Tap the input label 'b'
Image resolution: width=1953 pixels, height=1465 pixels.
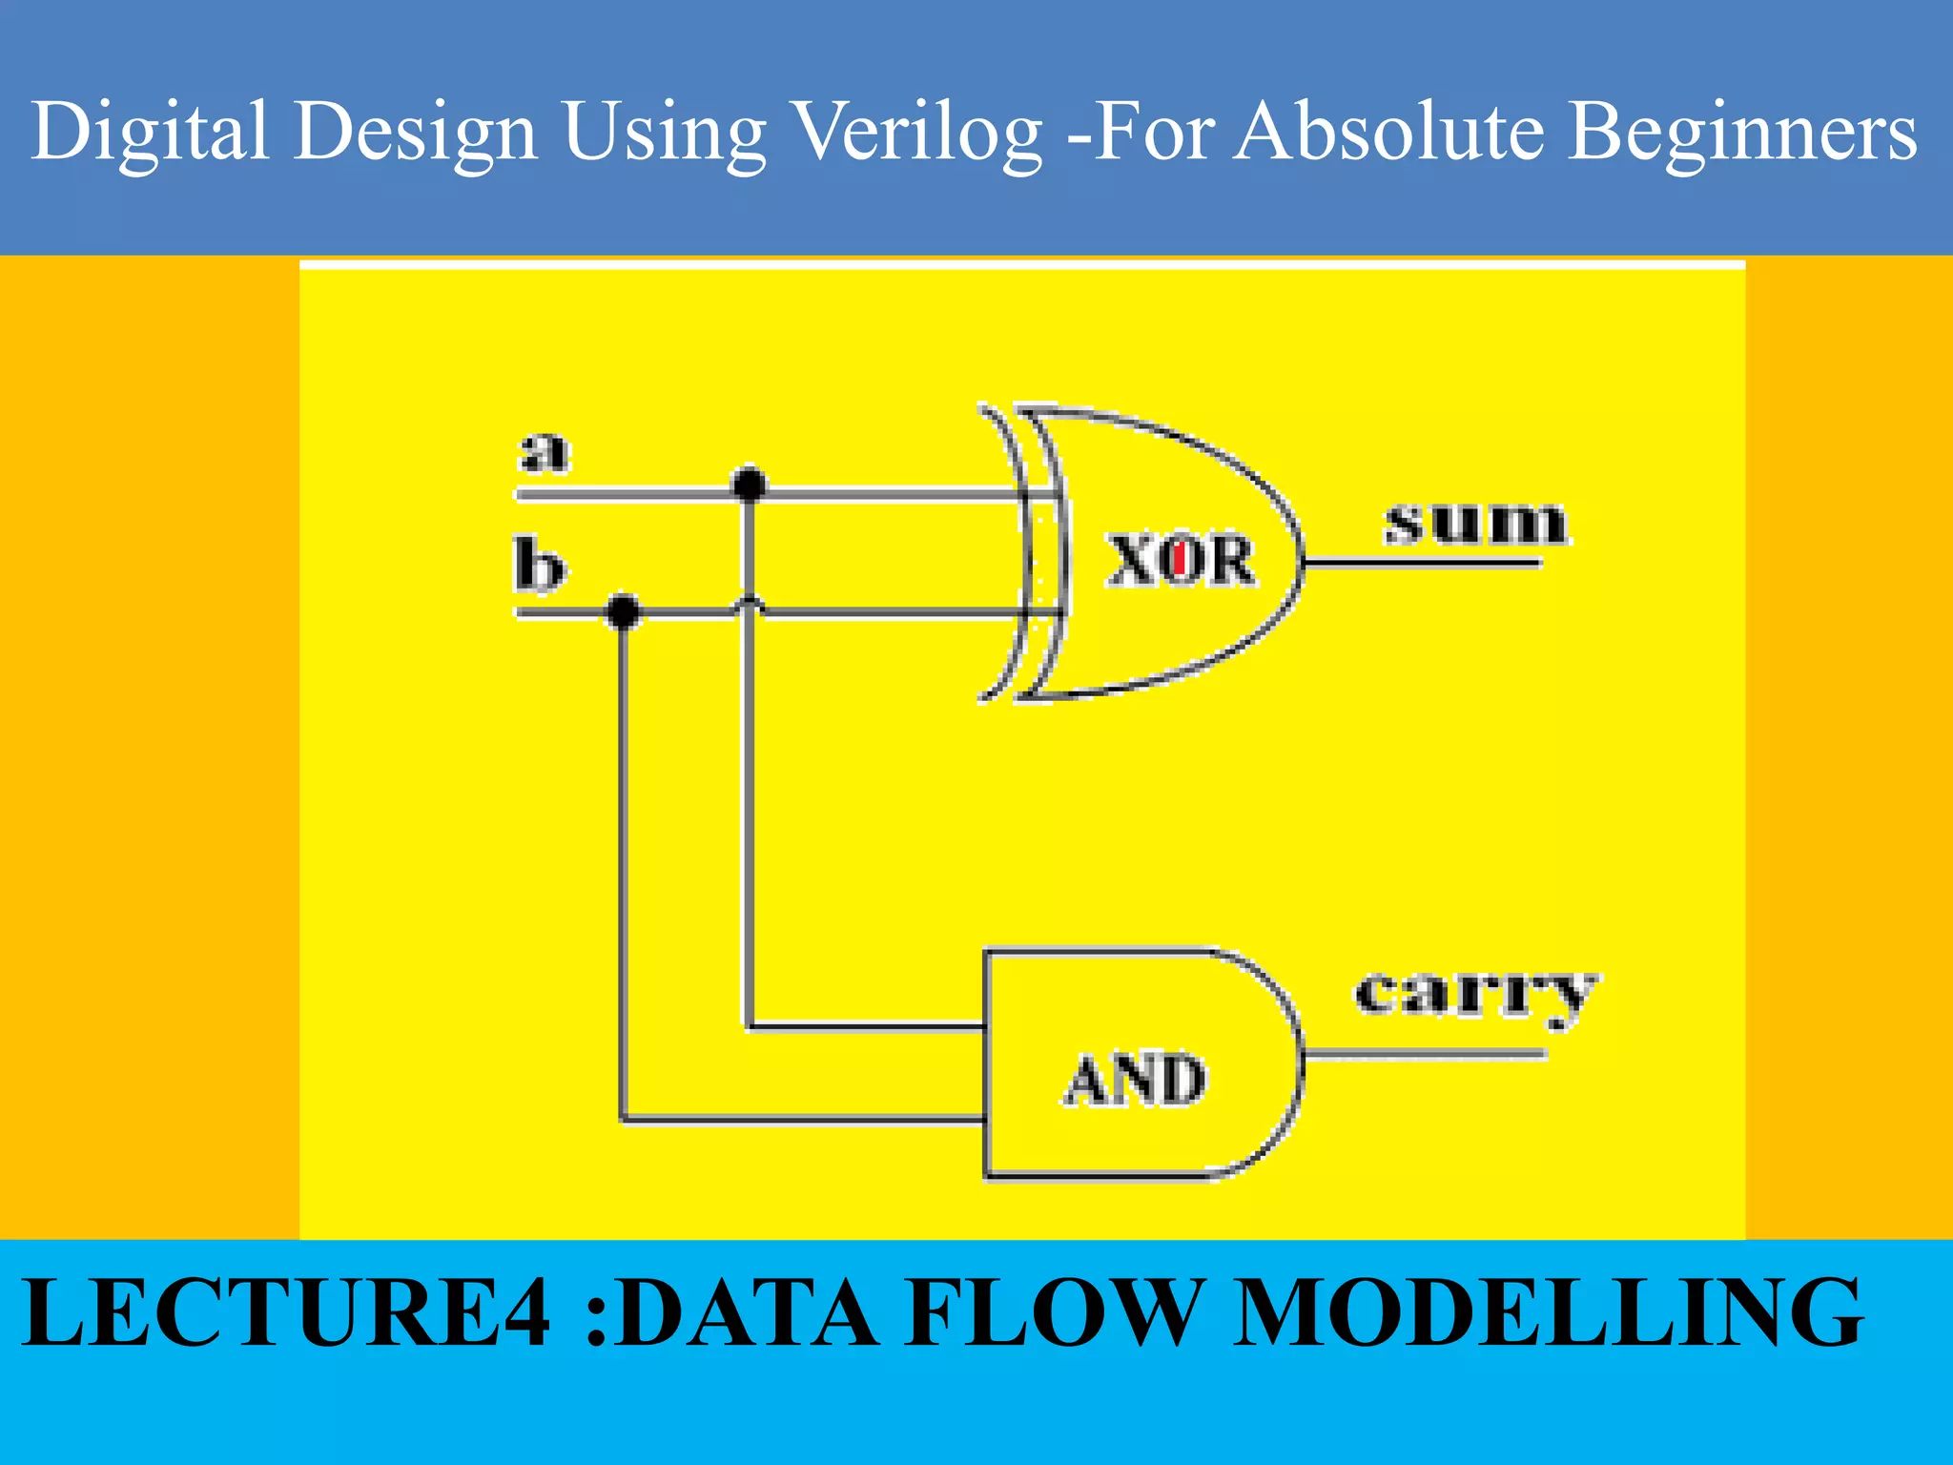[x=539, y=566]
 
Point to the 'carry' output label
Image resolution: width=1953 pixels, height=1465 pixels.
[x=1475, y=997]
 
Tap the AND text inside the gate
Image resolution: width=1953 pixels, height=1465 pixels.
[x=1135, y=1080]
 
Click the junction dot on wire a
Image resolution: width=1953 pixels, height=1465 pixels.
[x=750, y=485]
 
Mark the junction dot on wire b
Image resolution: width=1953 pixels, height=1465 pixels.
[x=624, y=610]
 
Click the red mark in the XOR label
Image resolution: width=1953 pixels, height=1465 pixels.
[x=1180, y=559]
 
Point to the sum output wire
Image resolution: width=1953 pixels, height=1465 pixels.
[x=1421, y=564]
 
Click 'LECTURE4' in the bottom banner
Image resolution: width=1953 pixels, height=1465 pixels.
[x=286, y=1313]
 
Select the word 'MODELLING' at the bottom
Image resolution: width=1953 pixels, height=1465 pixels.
[x=1548, y=1313]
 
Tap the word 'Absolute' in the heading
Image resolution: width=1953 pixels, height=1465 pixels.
[x=1388, y=132]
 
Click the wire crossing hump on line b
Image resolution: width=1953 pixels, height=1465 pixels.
[x=750, y=603]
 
